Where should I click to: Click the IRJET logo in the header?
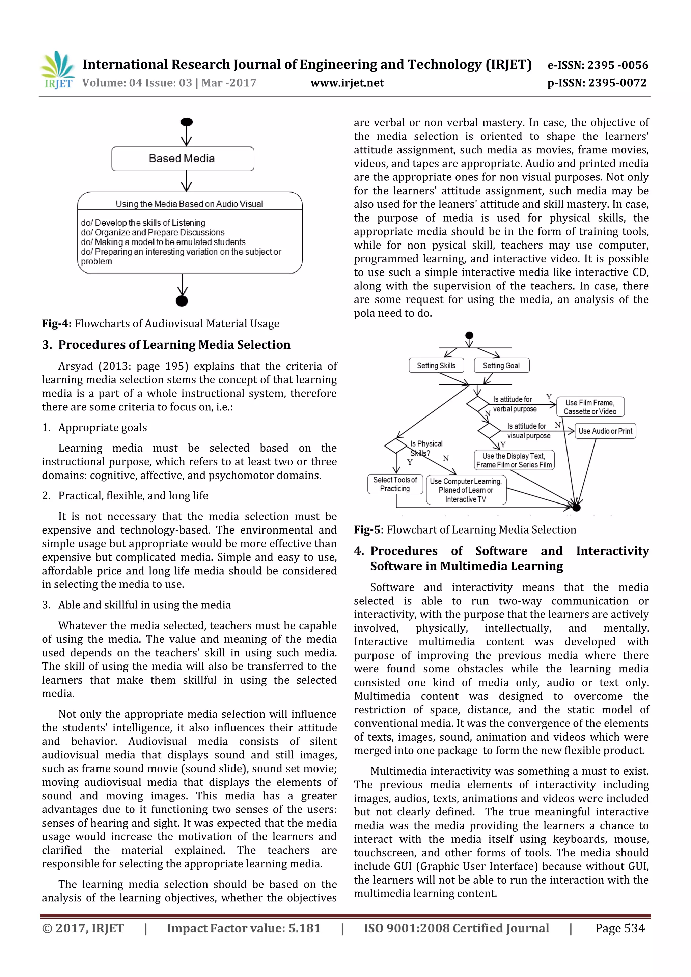(x=57, y=70)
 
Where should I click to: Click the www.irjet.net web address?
(x=347, y=83)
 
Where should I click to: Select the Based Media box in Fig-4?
(x=183, y=159)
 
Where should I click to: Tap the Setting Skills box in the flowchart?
(x=436, y=366)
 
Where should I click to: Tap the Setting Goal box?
(x=501, y=366)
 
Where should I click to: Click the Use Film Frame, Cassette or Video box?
(x=590, y=407)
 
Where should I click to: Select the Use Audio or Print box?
(x=605, y=431)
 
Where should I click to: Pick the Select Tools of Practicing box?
(x=395, y=484)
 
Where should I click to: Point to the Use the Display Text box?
(x=514, y=460)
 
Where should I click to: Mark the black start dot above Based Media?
(x=187, y=122)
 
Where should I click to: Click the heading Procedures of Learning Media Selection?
(x=174, y=345)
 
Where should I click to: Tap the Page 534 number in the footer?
(x=619, y=928)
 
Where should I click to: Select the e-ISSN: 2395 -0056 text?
(x=597, y=65)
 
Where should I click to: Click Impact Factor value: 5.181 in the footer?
(x=244, y=928)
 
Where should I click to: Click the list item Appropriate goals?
(x=103, y=428)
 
